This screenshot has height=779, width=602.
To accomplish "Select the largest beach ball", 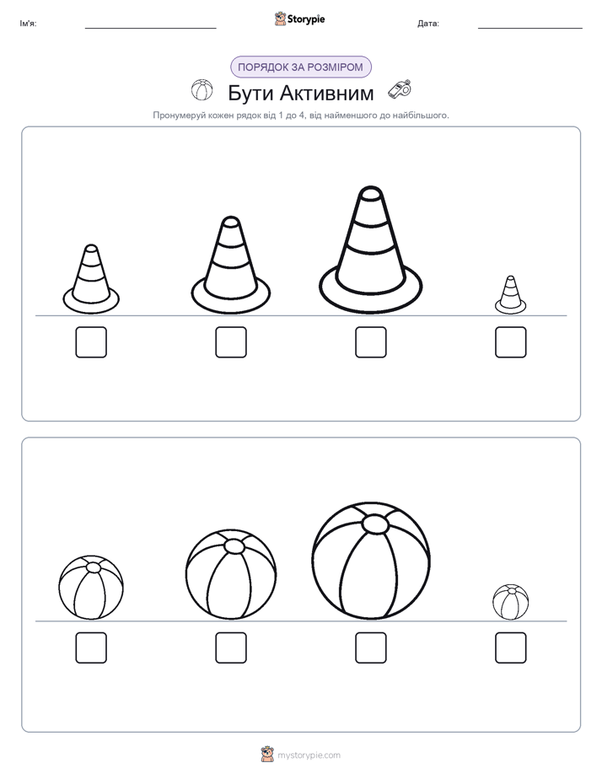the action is [x=371, y=561].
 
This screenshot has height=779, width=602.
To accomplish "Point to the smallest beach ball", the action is [x=511, y=602].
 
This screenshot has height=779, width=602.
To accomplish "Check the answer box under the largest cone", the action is [x=370, y=342].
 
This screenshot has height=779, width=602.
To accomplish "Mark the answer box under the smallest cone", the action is [x=511, y=342].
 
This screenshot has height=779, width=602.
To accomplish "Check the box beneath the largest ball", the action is [x=370, y=647].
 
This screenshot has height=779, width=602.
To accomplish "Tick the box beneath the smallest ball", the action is [x=511, y=647].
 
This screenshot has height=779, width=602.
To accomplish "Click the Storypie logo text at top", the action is [x=306, y=19].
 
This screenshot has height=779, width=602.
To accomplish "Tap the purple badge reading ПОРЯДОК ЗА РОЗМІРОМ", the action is [x=301, y=67].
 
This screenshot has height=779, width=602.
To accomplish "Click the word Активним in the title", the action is [x=326, y=93].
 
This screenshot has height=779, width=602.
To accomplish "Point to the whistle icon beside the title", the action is [x=400, y=89].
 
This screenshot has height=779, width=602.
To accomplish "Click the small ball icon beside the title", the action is [x=202, y=90].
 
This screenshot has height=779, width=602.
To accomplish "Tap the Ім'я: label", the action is [x=28, y=24].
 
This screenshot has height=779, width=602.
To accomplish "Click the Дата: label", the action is [x=428, y=24].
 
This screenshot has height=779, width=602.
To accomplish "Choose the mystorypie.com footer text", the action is [x=309, y=755].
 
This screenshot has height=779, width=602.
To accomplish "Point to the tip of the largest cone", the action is [x=370, y=187].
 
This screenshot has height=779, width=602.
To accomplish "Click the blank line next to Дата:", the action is [x=530, y=28].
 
